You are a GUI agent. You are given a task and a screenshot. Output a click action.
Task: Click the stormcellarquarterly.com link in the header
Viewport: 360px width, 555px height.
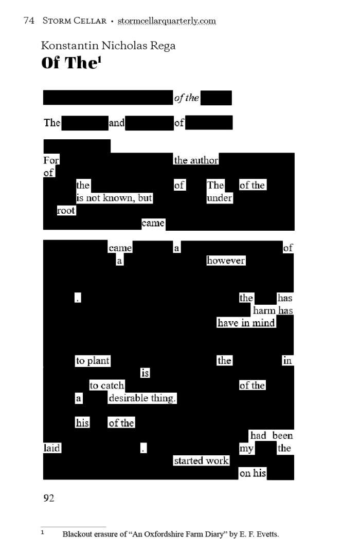coord(167,21)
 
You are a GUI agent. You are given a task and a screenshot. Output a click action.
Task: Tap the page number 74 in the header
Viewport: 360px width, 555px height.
coord(29,21)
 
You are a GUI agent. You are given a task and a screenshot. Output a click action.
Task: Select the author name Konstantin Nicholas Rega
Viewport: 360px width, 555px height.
coord(108,46)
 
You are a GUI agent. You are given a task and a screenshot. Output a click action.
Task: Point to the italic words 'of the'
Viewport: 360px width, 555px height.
coord(186,98)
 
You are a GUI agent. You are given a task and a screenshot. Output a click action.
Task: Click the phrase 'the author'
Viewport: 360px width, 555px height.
coord(196,160)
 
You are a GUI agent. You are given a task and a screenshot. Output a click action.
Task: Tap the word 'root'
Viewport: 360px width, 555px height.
coord(66,210)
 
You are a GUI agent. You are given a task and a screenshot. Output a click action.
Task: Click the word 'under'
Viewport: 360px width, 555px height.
coord(220,198)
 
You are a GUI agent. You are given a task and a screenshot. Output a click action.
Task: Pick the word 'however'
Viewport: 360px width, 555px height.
coord(226,261)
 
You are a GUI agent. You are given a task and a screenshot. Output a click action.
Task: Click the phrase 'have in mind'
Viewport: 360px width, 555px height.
coord(246,323)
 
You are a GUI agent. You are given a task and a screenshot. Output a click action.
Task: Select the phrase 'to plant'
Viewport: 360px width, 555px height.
coord(93,361)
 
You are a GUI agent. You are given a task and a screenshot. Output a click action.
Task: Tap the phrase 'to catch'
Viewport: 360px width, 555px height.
coord(107,385)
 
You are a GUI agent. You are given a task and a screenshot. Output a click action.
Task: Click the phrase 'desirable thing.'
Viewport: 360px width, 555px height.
coord(142,398)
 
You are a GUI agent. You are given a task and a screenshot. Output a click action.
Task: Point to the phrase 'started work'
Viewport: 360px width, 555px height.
coord(201,460)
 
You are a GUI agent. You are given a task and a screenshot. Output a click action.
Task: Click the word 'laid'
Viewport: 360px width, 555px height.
coord(52,448)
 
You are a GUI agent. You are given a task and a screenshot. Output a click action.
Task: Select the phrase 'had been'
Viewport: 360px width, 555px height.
coord(272,436)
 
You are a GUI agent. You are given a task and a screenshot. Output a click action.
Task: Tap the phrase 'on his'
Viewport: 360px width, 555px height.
coord(253,473)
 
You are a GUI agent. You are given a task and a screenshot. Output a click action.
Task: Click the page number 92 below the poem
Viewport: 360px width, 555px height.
coord(49,498)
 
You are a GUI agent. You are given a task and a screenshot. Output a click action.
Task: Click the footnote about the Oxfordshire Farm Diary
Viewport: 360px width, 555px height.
coord(170,534)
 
